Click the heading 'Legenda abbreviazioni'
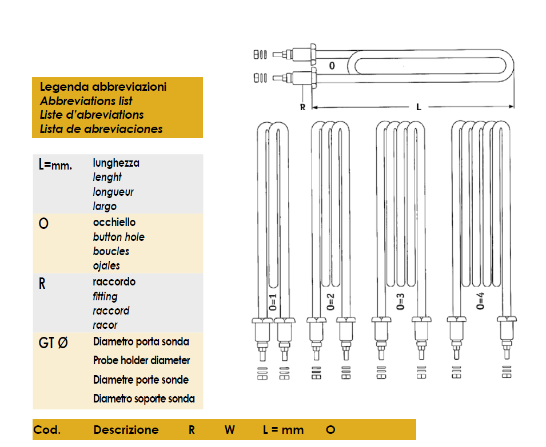[x=103, y=87]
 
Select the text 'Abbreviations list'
[x=86, y=101]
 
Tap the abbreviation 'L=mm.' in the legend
[x=55, y=166]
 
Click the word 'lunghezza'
[x=116, y=163]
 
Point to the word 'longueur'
[x=113, y=192]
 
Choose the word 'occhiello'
[x=114, y=223]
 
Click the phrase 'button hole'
[x=119, y=237]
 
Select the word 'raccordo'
[x=114, y=282]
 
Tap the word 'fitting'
[x=105, y=296]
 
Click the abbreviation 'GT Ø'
[x=53, y=344]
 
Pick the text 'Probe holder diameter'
[x=142, y=361]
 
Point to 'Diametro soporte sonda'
[x=144, y=398]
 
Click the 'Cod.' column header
[x=47, y=430]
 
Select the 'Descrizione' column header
[x=126, y=430]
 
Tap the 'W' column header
[x=229, y=430]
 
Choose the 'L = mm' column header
[x=283, y=430]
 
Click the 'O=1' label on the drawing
[x=273, y=301]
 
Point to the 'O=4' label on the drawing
[x=481, y=301]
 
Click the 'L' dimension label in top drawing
[x=419, y=107]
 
